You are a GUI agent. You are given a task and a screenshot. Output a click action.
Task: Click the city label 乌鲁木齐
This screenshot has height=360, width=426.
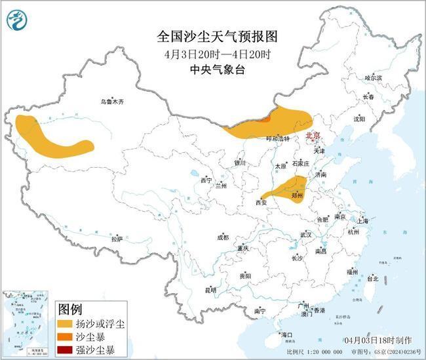111,102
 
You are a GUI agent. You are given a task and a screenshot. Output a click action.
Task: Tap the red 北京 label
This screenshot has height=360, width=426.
313,136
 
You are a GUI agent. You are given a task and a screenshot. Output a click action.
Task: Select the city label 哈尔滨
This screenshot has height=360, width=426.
372,77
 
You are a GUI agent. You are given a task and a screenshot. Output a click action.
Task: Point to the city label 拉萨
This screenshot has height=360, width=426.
117,239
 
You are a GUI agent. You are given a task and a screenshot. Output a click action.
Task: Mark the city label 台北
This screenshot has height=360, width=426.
372,278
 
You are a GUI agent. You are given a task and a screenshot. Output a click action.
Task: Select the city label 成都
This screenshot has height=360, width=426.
223,237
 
